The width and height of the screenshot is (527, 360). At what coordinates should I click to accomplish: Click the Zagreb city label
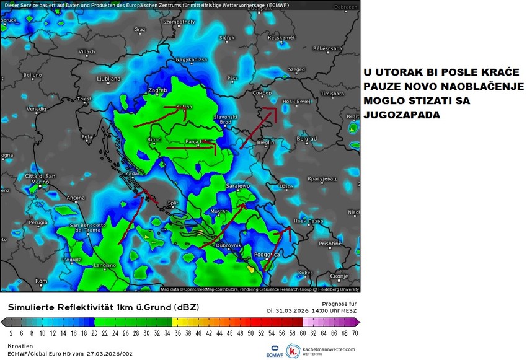(159, 90)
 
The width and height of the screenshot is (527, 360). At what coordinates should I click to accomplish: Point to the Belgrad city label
(306, 139)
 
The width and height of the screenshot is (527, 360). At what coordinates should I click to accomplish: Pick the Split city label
(173, 203)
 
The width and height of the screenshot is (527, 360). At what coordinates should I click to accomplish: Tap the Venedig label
(37, 109)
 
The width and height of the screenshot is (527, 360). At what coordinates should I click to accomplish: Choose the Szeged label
(297, 69)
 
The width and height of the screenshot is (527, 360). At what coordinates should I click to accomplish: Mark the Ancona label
(75, 198)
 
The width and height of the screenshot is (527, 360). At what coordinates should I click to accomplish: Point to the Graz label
(140, 29)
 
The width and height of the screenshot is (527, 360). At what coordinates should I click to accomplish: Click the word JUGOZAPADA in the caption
(396, 115)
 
